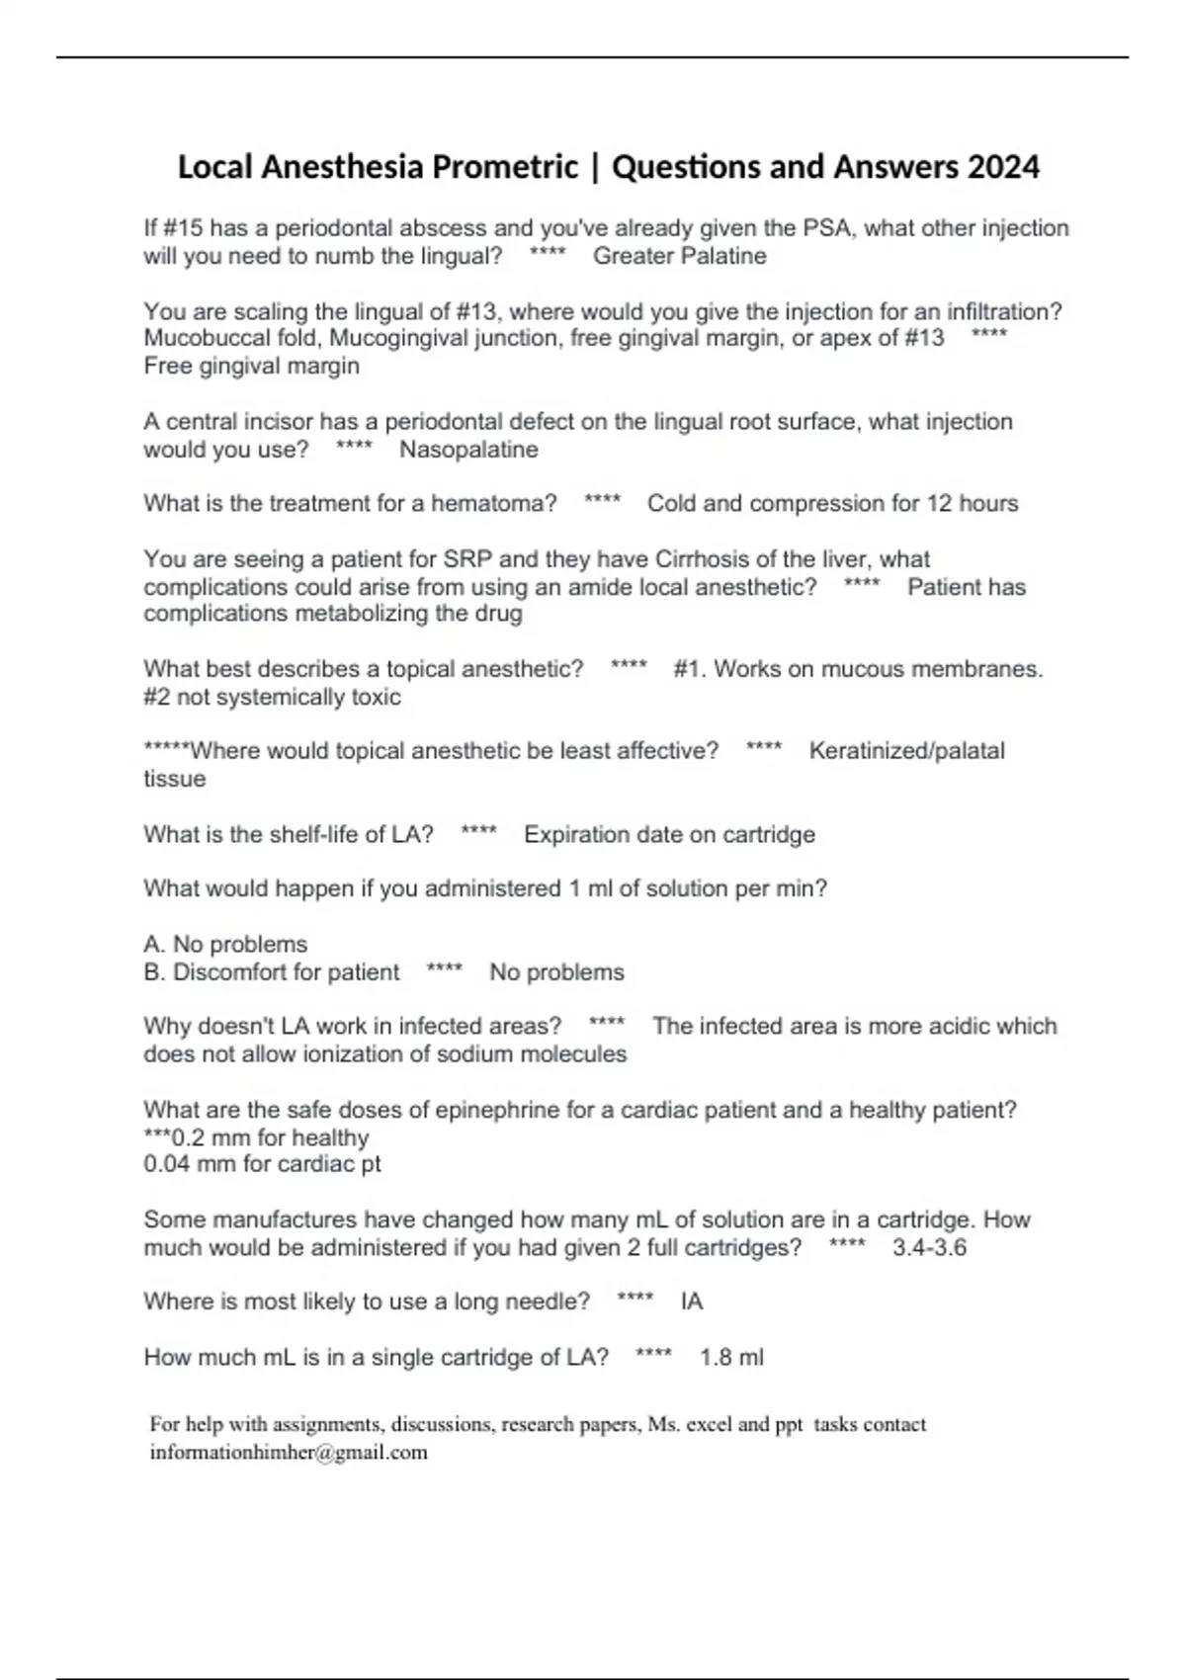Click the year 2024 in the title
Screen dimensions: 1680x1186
(x=1003, y=167)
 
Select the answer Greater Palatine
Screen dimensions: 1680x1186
(x=679, y=256)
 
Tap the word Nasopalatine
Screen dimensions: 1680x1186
(x=468, y=450)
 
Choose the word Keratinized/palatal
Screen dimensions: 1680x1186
(x=906, y=751)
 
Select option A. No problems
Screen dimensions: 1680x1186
(x=225, y=945)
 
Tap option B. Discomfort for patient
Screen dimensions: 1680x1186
(x=272, y=972)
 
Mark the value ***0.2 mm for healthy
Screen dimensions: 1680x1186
(x=256, y=1137)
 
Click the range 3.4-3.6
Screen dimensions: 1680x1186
(x=929, y=1247)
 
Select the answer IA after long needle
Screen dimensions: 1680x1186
(x=692, y=1302)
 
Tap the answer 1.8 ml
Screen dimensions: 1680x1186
(x=731, y=1358)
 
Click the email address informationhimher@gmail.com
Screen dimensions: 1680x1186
(x=289, y=1453)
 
